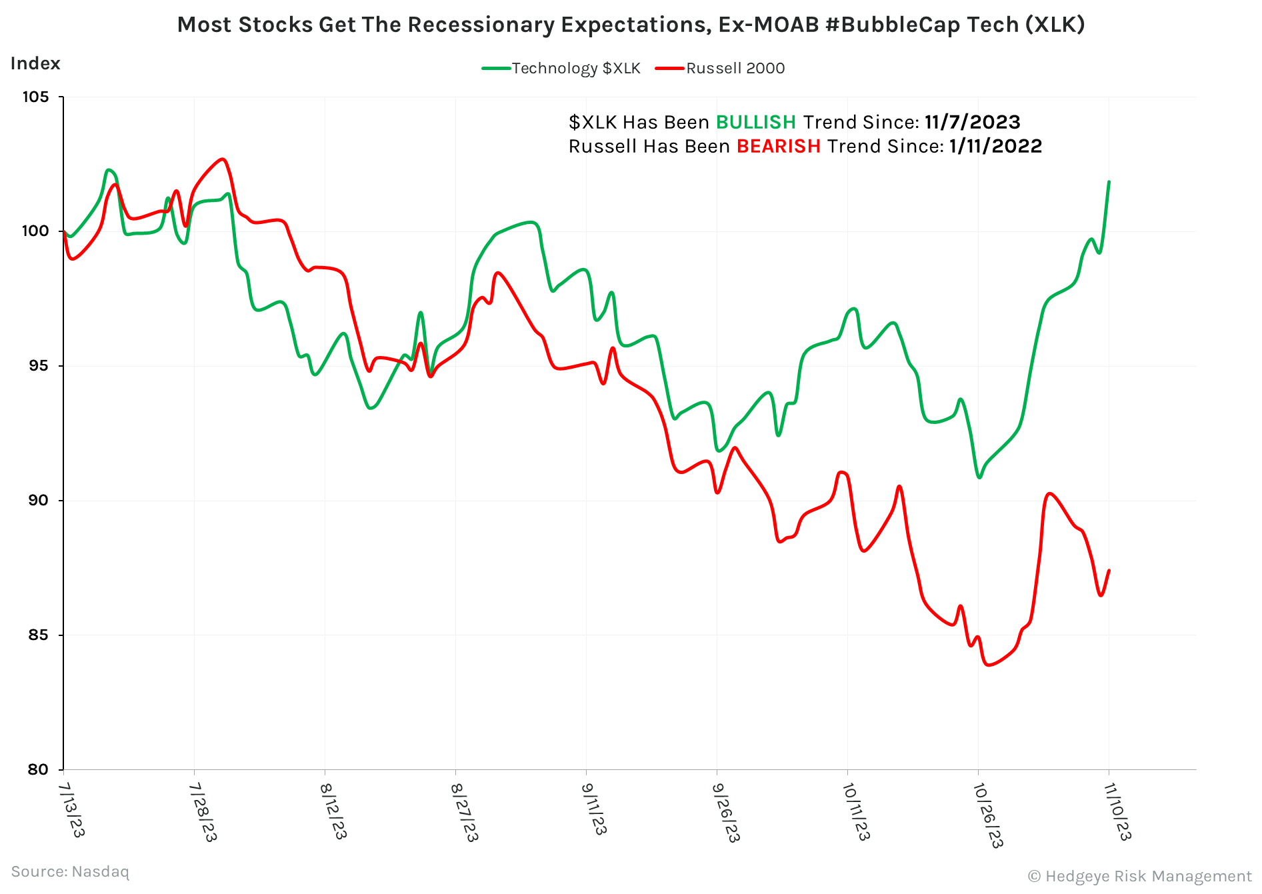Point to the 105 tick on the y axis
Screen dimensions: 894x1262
tap(36, 97)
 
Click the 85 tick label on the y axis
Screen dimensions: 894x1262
tap(37, 635)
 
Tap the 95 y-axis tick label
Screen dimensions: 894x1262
tap(37, 366)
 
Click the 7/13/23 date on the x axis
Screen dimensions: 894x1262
tap(71, 809)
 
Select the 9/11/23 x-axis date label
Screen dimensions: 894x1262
tap(594, 808)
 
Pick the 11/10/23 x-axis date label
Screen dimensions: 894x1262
tap(1117, 811)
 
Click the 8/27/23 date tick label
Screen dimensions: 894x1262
tap(464, 811)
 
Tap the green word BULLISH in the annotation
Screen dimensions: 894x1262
tap(755, 122)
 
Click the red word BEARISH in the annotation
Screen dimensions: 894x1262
tap(778, 146)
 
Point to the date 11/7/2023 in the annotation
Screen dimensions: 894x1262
tap(972, 122)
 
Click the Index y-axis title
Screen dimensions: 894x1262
tap(35, 63)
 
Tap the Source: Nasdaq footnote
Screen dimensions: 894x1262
tap(70, 871)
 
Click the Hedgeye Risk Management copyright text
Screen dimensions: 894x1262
tap(1139, 876)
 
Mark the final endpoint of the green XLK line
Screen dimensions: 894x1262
tap(1109, 181)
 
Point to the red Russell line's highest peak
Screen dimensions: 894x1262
tap(223, 159)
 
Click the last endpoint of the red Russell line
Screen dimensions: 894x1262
tap(1109, 570)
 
